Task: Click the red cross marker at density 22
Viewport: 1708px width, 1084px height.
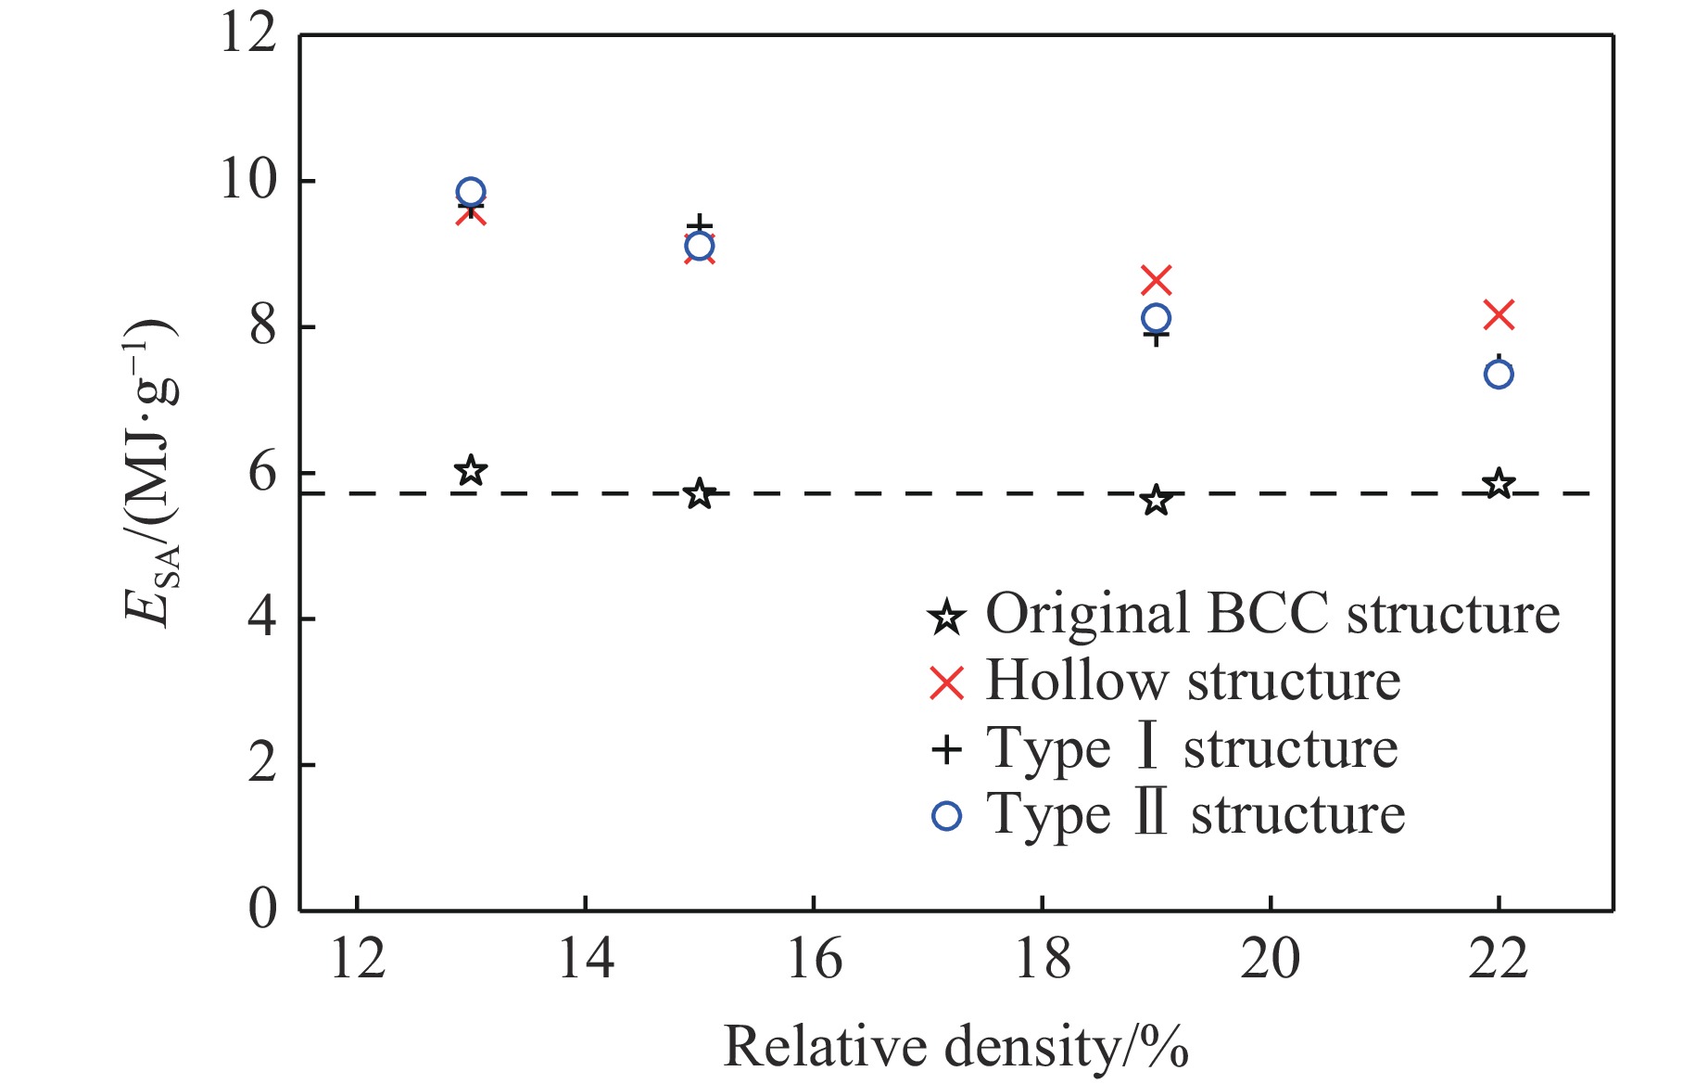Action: (x=1499, y=315)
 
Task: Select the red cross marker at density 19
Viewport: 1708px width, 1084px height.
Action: (x=1156, y=279)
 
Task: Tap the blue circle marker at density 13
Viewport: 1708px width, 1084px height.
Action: (x=471, y=193)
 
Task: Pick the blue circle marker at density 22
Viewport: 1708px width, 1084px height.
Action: (x=1499, y=374)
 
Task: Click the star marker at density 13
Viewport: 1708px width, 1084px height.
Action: (x=471, y=470)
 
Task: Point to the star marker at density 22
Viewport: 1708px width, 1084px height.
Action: (x=1499, y=484)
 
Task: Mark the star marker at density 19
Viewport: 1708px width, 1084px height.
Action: (x=1156, y=501)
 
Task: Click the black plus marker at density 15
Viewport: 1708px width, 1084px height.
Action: (x=700, y=225)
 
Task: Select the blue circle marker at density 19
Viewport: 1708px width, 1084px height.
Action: (x=1156, y=318)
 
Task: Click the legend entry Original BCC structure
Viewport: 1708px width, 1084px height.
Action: (x=1272, y=614)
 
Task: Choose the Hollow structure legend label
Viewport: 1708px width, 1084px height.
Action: (x=1193, y=681)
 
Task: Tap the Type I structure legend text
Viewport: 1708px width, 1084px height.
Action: (x=1192, y=748)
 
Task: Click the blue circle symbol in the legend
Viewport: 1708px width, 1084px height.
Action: (x=946, y=816)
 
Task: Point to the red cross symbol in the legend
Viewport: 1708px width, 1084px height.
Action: (x=946, y=683)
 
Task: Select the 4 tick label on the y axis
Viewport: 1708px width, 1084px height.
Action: (x=262, y=618)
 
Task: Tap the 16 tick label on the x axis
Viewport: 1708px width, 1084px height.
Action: (x=814, y=959)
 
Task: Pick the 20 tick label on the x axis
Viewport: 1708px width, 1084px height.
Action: (x=1270, y=959)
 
